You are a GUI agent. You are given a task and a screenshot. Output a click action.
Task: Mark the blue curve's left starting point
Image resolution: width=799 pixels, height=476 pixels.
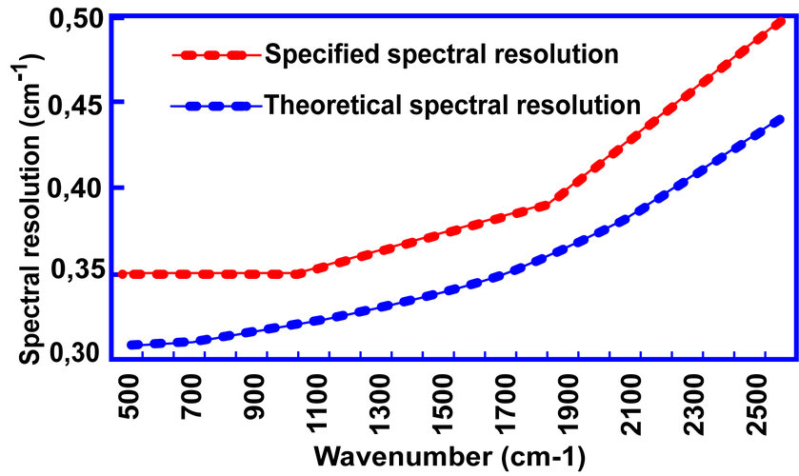pos(130,345)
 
